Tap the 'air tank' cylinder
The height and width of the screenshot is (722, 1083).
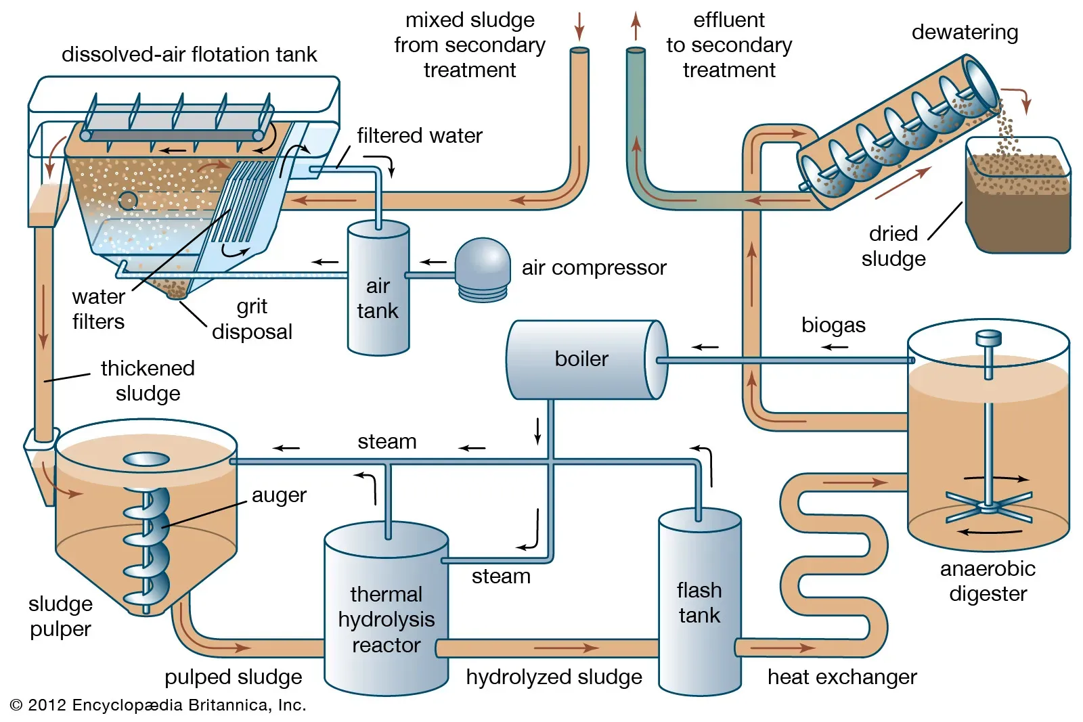[x=378, y=291]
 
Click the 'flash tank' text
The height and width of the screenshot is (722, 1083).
[x=699, y=602]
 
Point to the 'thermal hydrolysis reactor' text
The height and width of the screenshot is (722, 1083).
[x=386, y=619]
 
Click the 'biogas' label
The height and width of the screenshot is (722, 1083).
[x=833, y=325]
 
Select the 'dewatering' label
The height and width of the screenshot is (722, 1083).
[x=965, y=32]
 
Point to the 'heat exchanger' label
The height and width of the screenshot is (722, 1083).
[x=842, y=677]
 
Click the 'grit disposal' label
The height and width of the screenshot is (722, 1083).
[x=252, y=319]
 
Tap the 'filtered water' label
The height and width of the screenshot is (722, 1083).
[x=420, y=135]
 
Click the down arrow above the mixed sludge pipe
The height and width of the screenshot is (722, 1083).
[x=579, y=26]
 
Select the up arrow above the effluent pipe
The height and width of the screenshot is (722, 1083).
[x=636, y=26]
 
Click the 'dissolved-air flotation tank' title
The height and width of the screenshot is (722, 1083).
[x=189, y=54]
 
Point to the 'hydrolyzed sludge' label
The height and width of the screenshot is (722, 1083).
[x=554, y=677]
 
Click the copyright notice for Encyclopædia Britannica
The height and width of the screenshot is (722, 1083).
[x=158, y=705]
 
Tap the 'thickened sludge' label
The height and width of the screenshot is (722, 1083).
[x=148, y=380]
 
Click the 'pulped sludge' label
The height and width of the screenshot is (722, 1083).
[x=233, y=677]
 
